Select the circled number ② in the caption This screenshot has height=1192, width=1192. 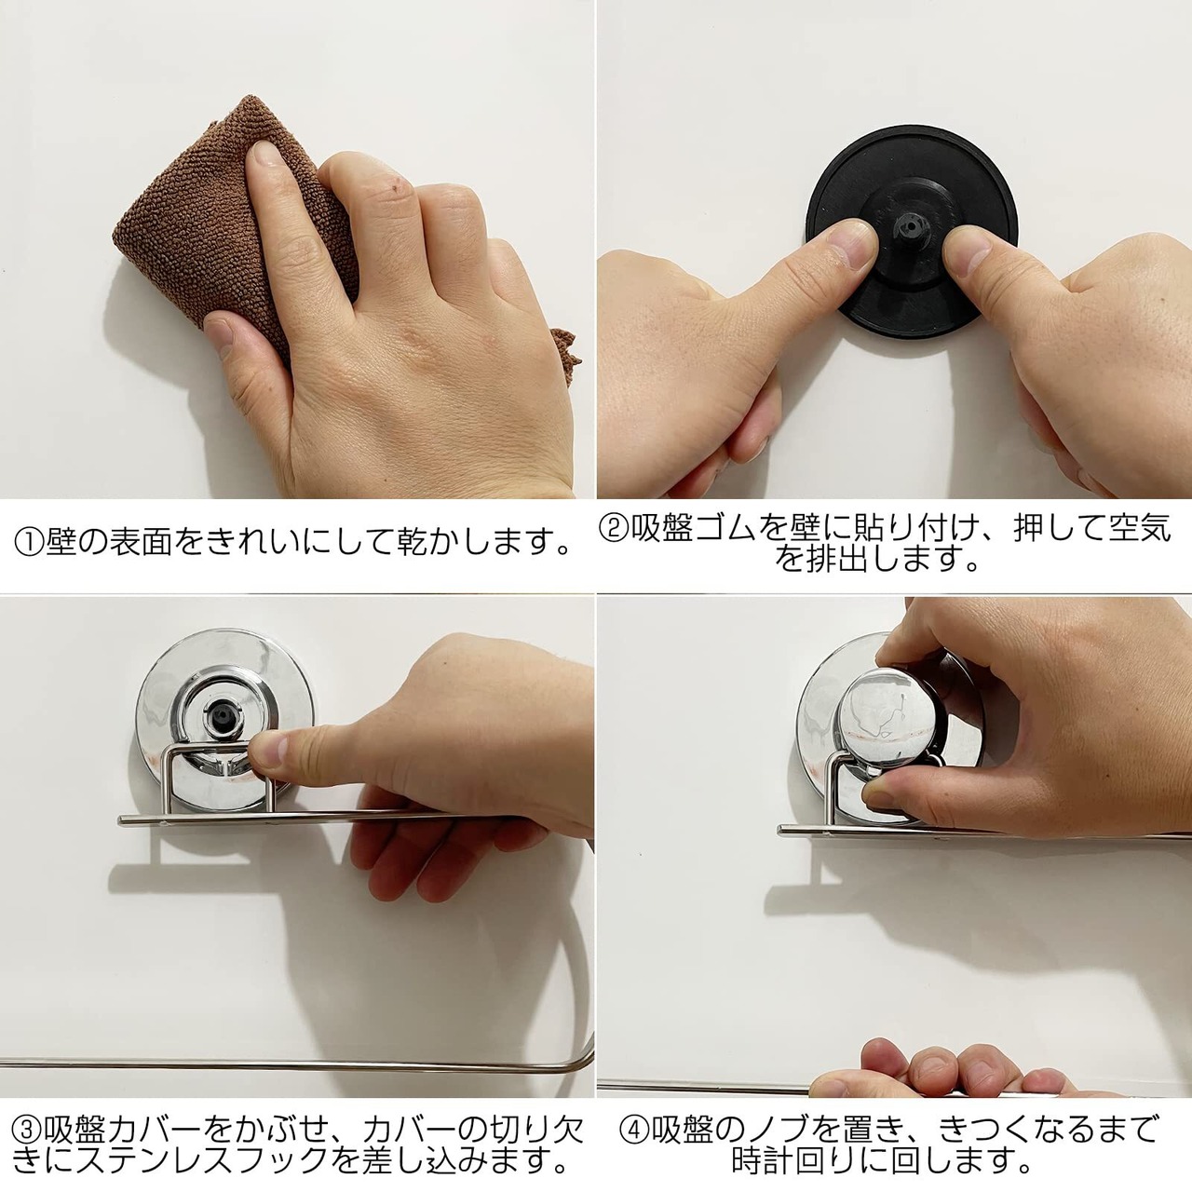click(615, 531)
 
